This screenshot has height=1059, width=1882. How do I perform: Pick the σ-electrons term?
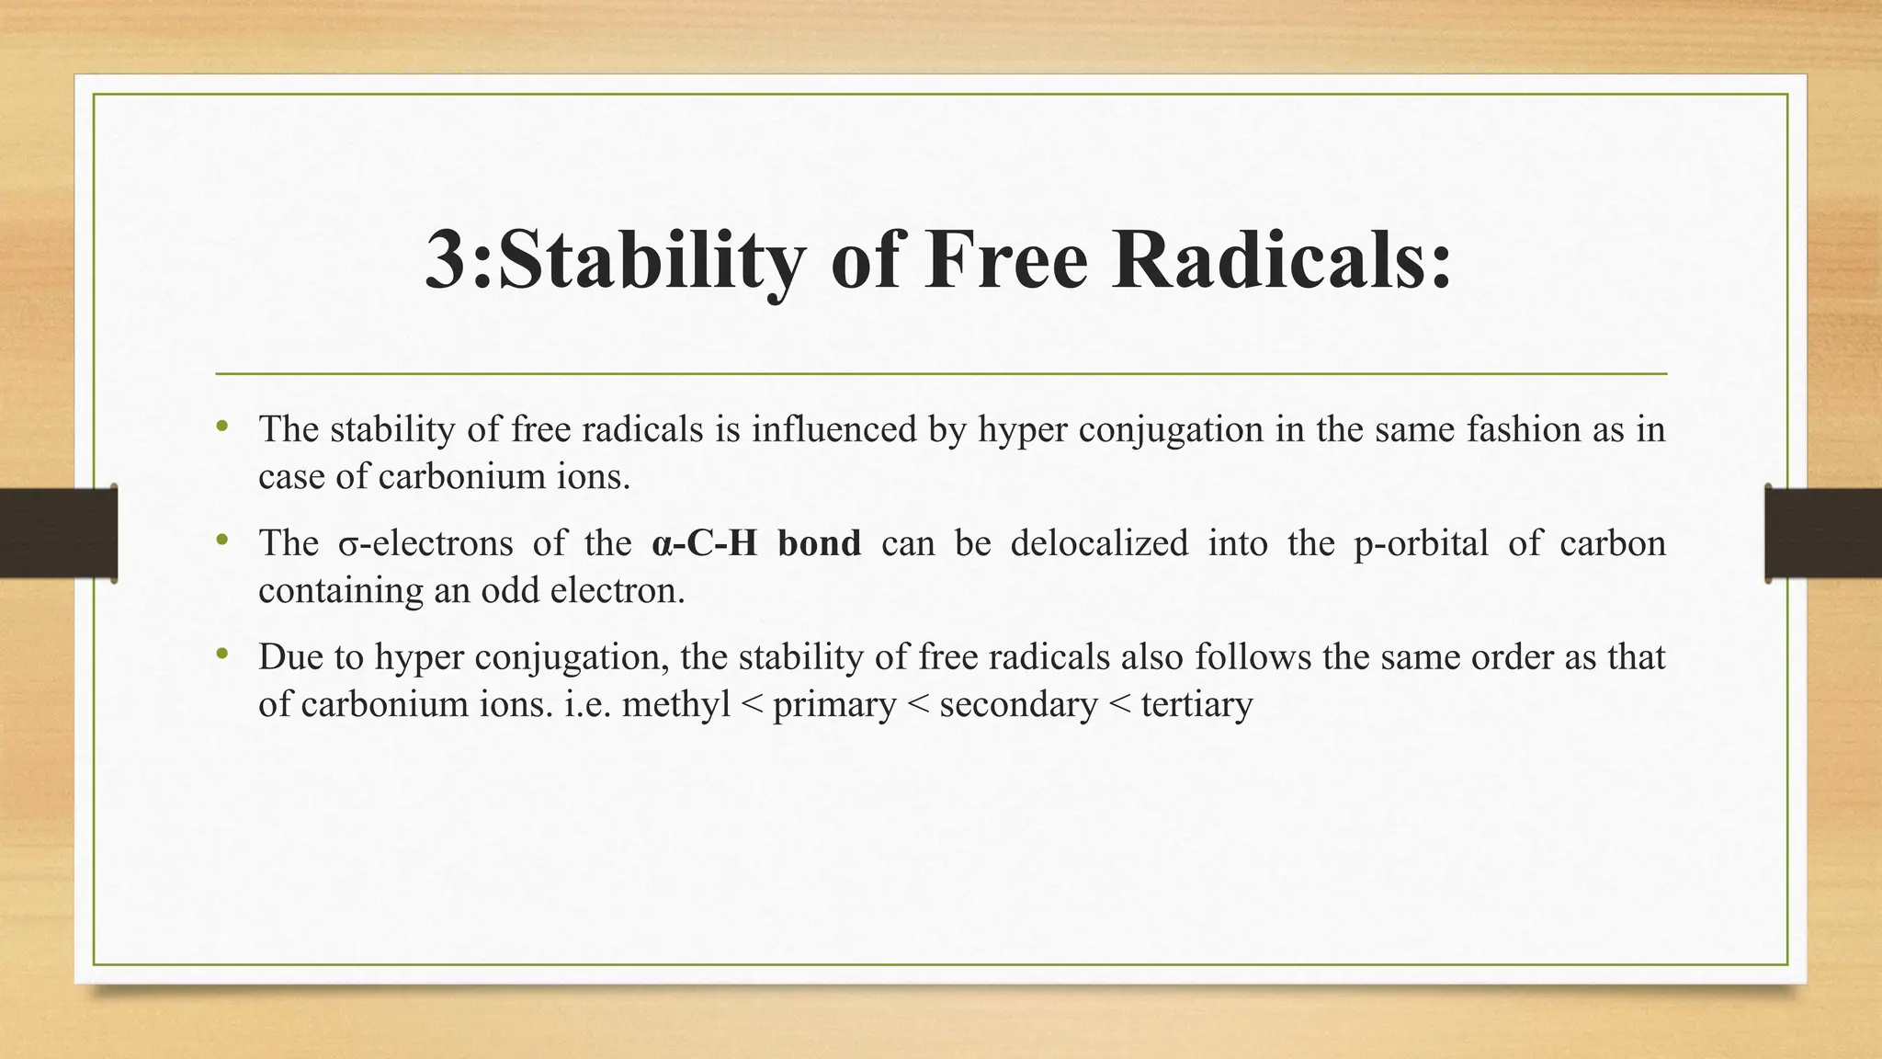point(425,543)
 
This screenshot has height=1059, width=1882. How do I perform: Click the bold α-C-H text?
point(704,543)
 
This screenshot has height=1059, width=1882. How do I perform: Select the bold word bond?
point(819,543)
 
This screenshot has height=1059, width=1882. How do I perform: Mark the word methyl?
point(675,705)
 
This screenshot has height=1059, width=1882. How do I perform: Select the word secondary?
point(1018,705)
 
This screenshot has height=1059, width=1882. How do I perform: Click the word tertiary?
point(1196,705)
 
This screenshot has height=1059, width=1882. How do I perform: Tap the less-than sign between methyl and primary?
point(751,706)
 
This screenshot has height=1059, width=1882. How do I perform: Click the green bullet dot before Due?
point(221,655)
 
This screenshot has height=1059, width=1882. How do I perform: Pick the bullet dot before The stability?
point(221,427)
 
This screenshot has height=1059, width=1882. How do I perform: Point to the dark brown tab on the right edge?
point(1823,533)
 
